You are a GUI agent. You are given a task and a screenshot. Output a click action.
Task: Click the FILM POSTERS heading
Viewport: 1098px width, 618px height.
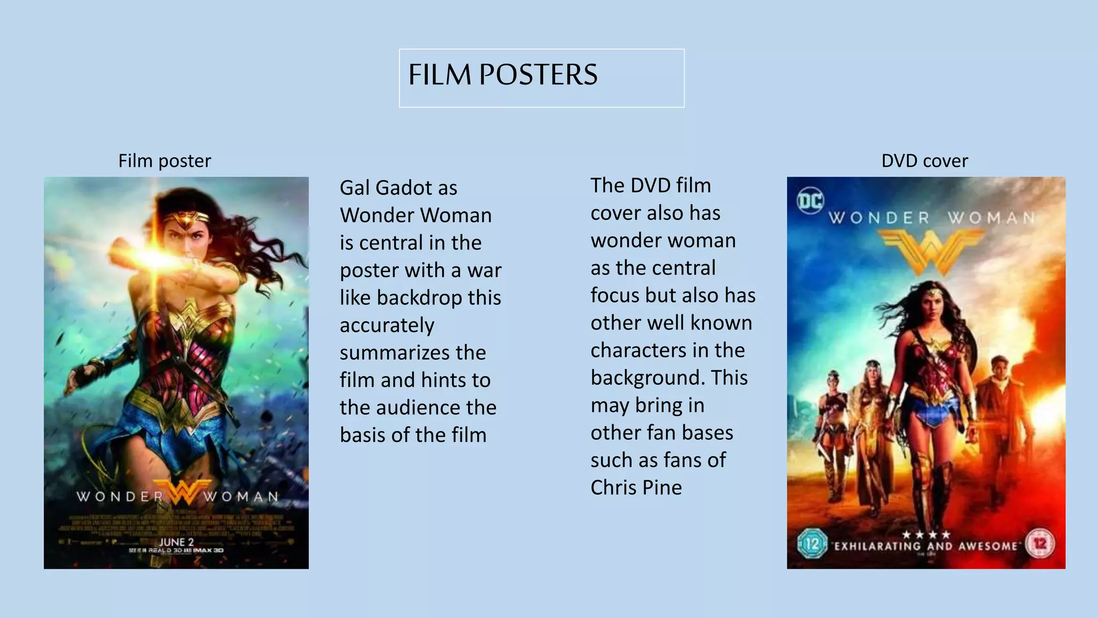(502, 75)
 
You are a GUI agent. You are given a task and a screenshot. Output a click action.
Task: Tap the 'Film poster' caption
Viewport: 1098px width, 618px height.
(165, 161)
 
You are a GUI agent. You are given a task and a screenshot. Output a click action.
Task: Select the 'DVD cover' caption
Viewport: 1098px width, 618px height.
(924, 161)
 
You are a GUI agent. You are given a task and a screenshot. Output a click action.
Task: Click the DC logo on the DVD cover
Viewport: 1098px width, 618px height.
(810, 201)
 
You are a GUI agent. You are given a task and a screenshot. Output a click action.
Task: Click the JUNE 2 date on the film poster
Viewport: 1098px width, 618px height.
(176, 542)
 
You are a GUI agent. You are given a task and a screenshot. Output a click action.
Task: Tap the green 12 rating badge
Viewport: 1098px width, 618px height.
(812, 544)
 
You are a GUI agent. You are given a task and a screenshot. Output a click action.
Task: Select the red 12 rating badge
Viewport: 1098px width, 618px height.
(1040, 544)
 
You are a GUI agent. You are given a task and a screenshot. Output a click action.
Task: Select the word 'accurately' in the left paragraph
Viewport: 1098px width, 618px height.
(387, 325)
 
